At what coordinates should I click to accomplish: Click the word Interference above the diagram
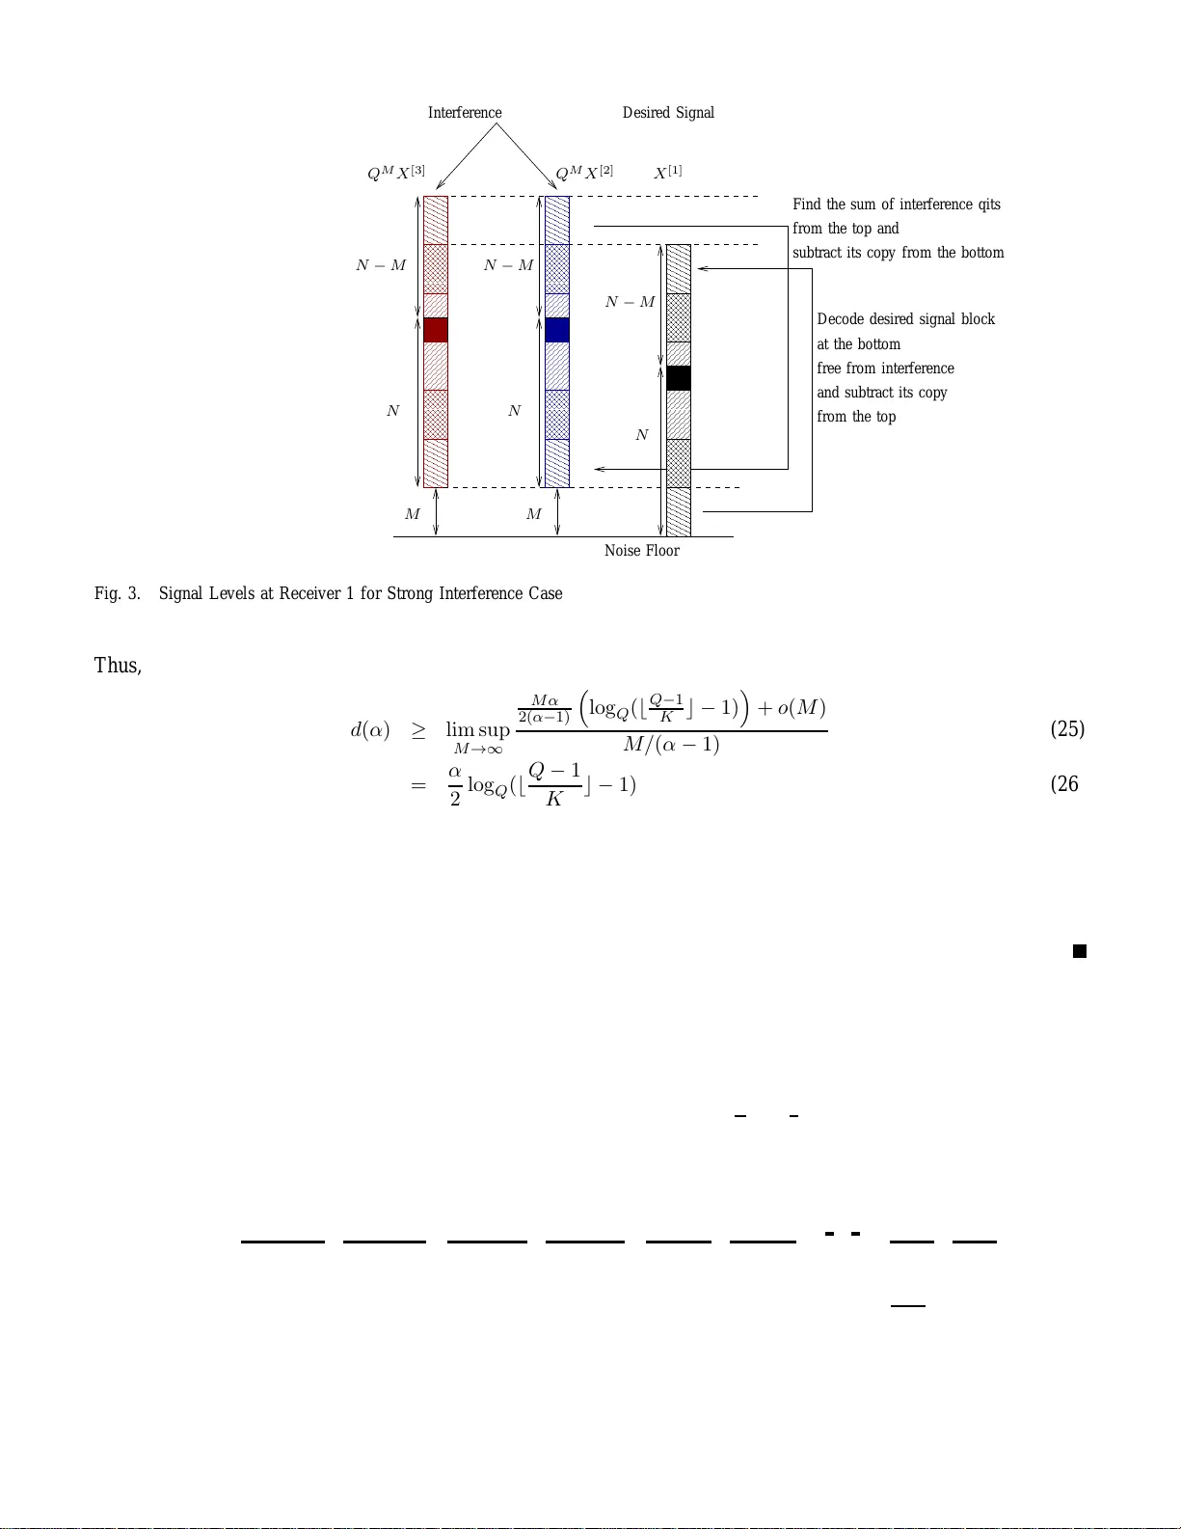tap(465, 113)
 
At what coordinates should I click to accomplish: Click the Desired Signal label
tap(668, 113)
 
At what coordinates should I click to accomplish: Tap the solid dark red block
tap(436, 330)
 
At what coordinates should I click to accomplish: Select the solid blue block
tap(557, 330)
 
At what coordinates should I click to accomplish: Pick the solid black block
tap(679, 378)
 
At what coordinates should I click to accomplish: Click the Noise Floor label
tap(641, 551)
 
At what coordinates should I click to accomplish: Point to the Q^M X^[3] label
tap(395, 173)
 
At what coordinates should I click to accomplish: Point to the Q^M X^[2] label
tap(584, 173)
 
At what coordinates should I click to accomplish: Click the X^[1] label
tap(668, 173)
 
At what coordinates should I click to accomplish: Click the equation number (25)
tap(1067, 728)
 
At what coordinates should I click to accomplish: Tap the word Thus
tap(117, 666)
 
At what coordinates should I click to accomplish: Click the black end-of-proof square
tap(1080, 951)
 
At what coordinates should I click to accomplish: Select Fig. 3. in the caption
tap(117, 593)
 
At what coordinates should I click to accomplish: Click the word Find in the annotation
tap(807, 205)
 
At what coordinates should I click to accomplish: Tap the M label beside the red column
tap(413, 514)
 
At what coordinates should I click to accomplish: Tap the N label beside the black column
tap(642, 435)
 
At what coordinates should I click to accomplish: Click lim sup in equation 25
tap(477, 730)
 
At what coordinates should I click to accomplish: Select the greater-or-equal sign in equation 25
tap(418, 730)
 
